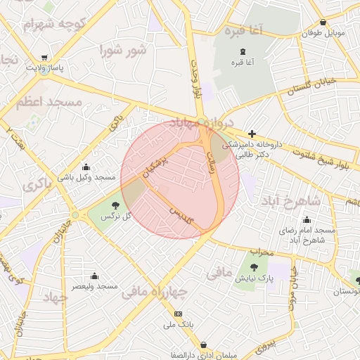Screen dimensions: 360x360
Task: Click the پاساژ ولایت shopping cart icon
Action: (45, 58)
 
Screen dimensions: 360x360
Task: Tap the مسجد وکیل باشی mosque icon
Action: (86, 167)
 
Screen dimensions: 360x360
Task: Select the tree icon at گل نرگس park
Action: (113, 205)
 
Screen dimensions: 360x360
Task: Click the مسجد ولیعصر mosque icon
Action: (94, 276)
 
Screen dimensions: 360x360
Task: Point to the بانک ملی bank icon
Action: (178, 314)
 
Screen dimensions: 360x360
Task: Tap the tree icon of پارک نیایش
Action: (254, 267)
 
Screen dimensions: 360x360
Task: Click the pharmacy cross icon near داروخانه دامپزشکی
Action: (252, 133)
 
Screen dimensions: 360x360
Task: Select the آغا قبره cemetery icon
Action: (243, 51)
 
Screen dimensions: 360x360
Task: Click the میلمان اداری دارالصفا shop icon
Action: (203, 345)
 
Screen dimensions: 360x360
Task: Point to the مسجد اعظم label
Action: (51, 102)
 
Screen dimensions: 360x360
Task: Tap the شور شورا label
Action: (123, 51)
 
